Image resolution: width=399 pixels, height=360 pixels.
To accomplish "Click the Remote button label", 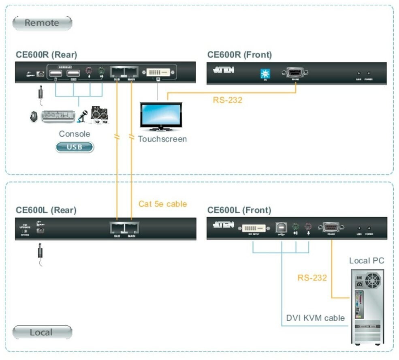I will click(42, 23).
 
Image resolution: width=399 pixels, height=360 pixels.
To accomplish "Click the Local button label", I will click(42, 332).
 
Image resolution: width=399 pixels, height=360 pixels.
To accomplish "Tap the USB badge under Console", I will click(75, 147).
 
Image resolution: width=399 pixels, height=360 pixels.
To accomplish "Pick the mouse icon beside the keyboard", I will click(34, 116).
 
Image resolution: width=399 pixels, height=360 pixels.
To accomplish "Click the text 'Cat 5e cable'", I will click(163, 204).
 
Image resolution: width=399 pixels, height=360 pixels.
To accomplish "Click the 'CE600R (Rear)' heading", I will click(46, 55).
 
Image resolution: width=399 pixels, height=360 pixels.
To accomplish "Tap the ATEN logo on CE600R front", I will click(223, 70).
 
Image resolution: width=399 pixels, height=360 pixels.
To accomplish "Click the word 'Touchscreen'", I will click(162, 139).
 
